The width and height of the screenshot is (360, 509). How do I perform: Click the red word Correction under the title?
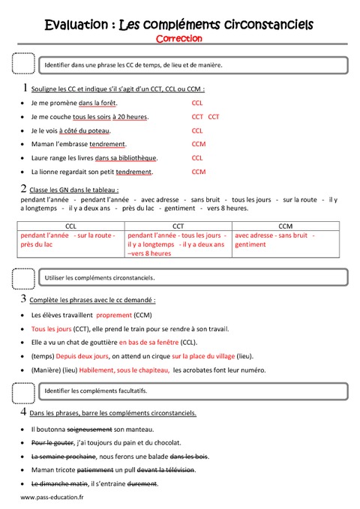click(x=179, y=37)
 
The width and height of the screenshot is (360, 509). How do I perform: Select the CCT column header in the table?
click(x=178, y=225)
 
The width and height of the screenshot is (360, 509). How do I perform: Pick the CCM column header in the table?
click(x=285, y=225)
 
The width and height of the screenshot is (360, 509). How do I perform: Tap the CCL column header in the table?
click(x=70, y=225)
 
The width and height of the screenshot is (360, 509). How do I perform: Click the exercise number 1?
click(x=25, y=88)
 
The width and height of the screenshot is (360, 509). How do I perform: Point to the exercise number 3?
click(x=25, y=299)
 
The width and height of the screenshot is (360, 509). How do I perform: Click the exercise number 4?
click(x=25, y=412)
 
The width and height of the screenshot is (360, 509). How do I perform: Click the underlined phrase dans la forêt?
click(x=97, y=103)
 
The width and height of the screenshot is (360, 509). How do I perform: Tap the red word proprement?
click(x=114, y=315)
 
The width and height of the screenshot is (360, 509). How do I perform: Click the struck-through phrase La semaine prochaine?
click(x=63, y=456)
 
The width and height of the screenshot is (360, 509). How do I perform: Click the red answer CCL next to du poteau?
click(x=197, y=130)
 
